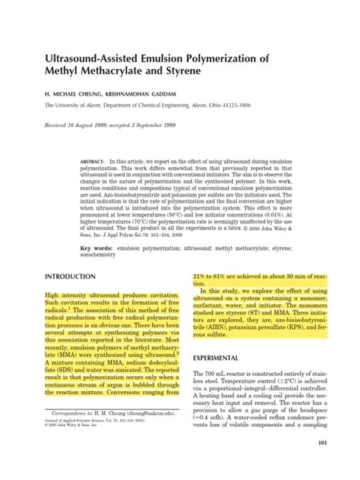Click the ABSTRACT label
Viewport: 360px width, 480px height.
[x=92, y=163]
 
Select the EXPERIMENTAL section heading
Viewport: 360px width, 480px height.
[x=216, y=357]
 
